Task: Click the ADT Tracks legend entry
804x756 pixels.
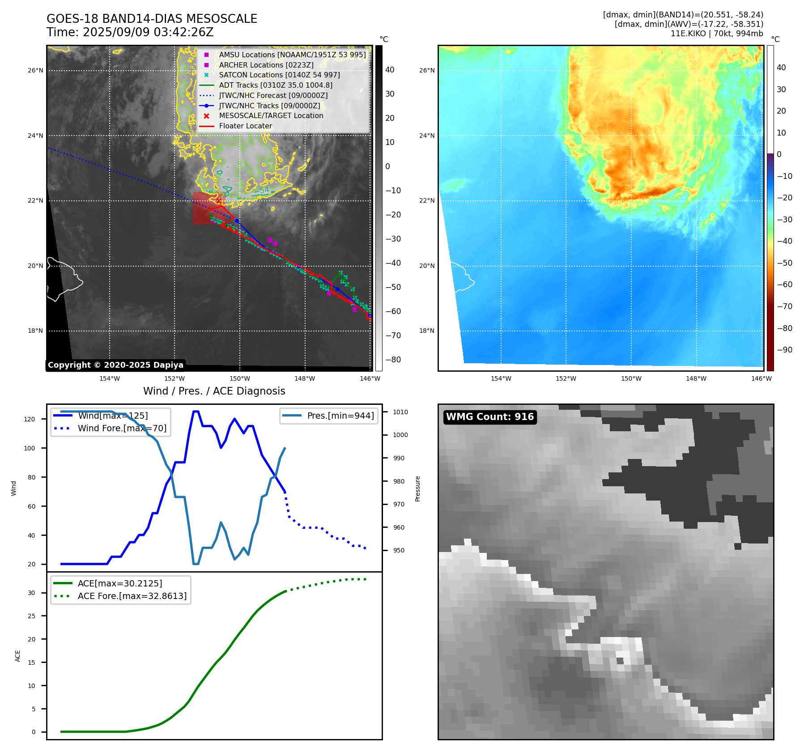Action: click(x=275, y=85)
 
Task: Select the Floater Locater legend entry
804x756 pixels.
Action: click(x=245, y=126)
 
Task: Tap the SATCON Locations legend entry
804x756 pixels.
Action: click(x=279, y=75)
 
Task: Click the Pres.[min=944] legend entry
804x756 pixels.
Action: click(x=340, y=416)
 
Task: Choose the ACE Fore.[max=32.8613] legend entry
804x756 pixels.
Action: click(x=132, y=596)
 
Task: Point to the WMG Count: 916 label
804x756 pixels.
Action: click(x=490, y=417)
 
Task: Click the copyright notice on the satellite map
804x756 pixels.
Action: click(x=115, y=365)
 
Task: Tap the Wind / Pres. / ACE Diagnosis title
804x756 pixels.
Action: click(x=214, y=391)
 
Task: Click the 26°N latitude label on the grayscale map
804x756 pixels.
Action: click(x=36, y=70)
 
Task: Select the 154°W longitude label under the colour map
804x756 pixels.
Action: click(x=501, y=378)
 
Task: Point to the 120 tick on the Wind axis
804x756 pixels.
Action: click(x=30, y=419)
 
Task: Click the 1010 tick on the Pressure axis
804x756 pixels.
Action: click(x=400, y=412)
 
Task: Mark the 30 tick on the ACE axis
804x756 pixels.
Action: click(x=31, y=593)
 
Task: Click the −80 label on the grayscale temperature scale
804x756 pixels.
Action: click(x=393, y=360)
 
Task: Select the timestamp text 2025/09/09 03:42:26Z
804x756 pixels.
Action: click(x=148, y=32)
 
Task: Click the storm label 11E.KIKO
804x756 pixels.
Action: click(x=688, y=34)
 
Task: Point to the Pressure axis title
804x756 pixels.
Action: click(x=417, y=488)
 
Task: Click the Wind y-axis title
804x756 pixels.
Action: click(x=14, y=488)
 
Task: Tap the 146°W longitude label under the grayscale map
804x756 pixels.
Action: click(x=370, y=378)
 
